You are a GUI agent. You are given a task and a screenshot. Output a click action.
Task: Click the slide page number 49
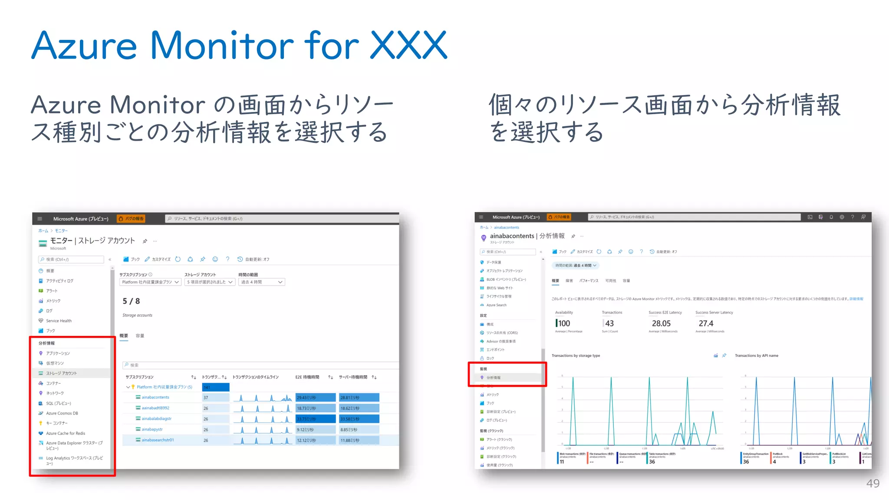point(873,484)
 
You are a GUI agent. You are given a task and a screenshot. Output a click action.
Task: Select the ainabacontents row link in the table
point(155,397)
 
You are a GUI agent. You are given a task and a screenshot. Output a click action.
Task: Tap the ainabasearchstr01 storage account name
point(158,440)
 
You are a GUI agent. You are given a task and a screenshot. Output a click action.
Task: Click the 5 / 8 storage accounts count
point(131,301)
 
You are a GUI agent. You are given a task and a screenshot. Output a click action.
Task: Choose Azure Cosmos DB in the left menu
point(62,413)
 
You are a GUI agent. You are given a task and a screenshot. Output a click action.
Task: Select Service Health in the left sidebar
point(59,321)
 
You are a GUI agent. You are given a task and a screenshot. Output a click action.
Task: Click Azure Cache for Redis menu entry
point(66,433)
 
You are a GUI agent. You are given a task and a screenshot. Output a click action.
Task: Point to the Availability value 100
point(563,323)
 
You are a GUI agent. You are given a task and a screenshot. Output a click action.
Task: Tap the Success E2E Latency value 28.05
point(661,323)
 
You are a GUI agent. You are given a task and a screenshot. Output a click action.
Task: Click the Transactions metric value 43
point(609,323)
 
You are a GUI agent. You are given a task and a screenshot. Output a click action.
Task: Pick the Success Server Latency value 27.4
point(706,323)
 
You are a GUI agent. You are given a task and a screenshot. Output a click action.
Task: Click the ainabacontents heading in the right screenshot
point(512,236)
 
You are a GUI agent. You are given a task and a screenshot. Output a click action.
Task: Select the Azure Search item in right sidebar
point(496,305)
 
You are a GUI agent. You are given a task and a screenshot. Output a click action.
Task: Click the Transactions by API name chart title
point(756,355)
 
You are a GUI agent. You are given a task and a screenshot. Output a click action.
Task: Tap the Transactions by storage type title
point(576,355)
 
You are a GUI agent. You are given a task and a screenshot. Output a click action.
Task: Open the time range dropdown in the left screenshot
point(261,282)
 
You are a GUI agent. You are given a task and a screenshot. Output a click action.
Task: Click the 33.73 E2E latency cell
point(315,419)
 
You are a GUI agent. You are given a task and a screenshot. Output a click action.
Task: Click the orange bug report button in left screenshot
point(131,219)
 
